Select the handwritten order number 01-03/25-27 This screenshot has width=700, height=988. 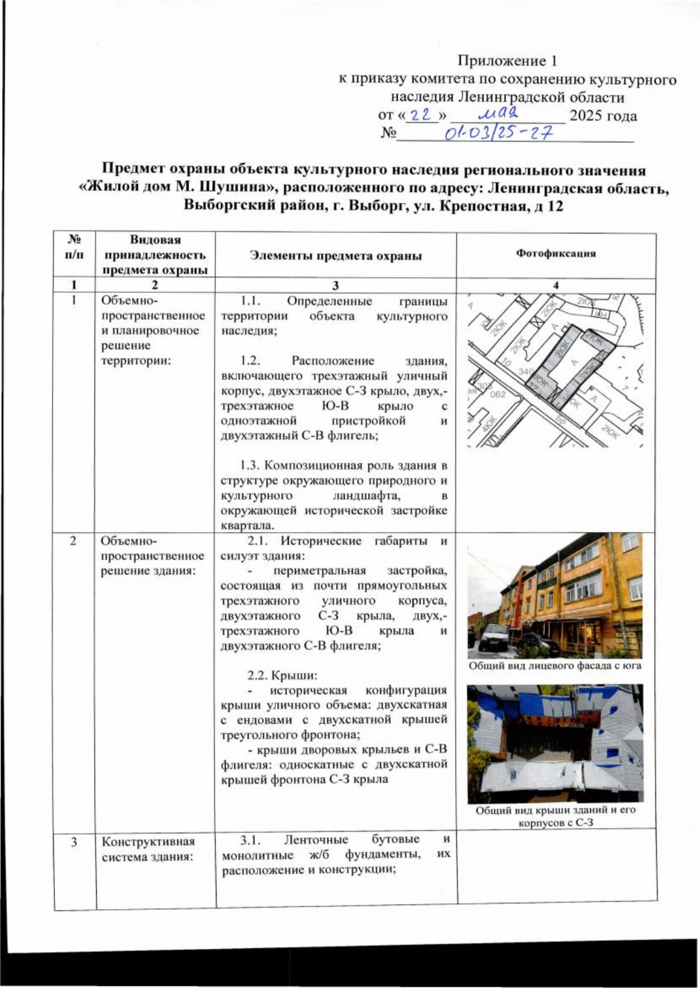[x=499, y=135]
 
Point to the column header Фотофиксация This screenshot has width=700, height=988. [x=555, y=254]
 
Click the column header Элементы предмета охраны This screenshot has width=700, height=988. [x=335, y=256]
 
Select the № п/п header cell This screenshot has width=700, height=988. [x=74, y=247]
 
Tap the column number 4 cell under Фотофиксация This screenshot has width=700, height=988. [x=556, y=285]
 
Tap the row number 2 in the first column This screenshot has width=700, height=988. [x=73, y=541]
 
